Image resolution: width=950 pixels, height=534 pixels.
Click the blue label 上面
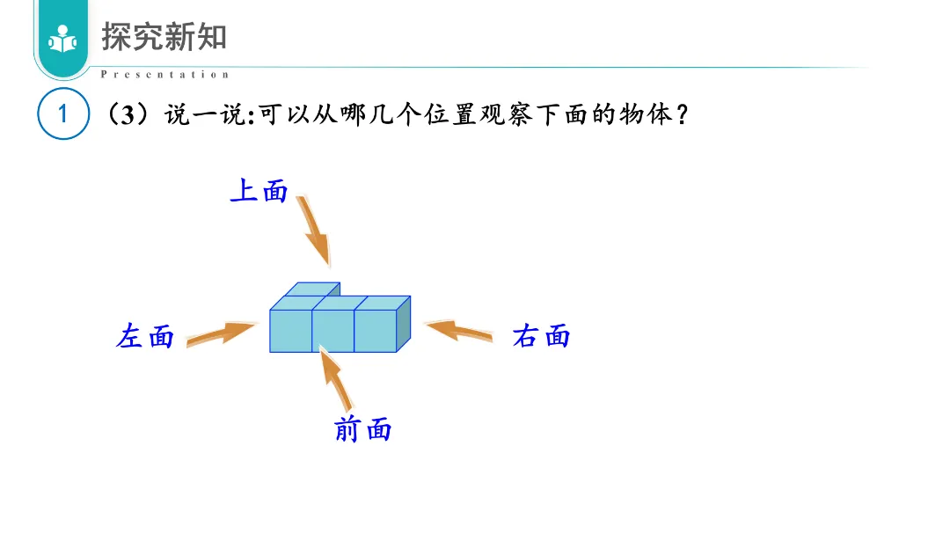coord(259,191)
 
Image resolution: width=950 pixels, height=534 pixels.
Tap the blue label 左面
coord(145,336)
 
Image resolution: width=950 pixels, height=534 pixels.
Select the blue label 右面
coord(541,336)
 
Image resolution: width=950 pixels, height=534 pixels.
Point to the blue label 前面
coord(363,429)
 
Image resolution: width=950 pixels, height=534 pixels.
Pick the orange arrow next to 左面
coord(221,333)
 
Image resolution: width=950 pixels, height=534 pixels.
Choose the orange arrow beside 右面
coord(458,331)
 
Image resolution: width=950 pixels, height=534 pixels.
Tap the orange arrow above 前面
coord(335,378)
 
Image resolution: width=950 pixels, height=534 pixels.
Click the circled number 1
coord(63,113)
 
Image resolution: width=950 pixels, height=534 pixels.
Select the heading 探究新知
coord(164,36)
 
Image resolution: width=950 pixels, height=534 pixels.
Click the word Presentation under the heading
coord(164,75)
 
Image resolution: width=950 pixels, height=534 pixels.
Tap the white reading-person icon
coord(62,40)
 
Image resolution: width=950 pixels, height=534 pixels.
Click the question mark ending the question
coord(683,114)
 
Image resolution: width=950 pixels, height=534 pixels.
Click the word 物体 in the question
coord(646,114)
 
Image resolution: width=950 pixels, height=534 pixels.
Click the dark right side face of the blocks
coord(403,324)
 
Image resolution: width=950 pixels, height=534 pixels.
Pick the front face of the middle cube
coord(333,331)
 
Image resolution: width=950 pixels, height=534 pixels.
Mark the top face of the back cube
coord(312,289)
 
